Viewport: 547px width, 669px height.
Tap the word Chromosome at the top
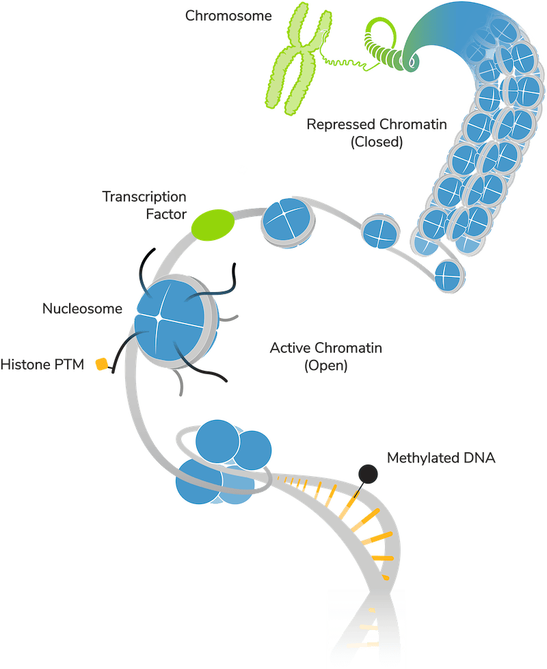(x=228, y=16)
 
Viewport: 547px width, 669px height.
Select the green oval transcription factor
(x=212, y=225)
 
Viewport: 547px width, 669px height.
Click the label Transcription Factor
(x=145, y=205)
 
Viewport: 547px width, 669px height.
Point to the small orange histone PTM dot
(x=102, y=364)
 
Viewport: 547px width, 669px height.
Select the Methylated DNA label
(x=441, y=458)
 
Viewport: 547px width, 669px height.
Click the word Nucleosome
(x=83, y=309)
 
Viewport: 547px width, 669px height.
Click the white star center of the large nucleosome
(x=159, y=317)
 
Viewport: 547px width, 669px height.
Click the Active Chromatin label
(x=326, y=348)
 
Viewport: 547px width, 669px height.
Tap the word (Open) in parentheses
(x=326, y=366)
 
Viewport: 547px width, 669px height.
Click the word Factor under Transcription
(x=166, y=214)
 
